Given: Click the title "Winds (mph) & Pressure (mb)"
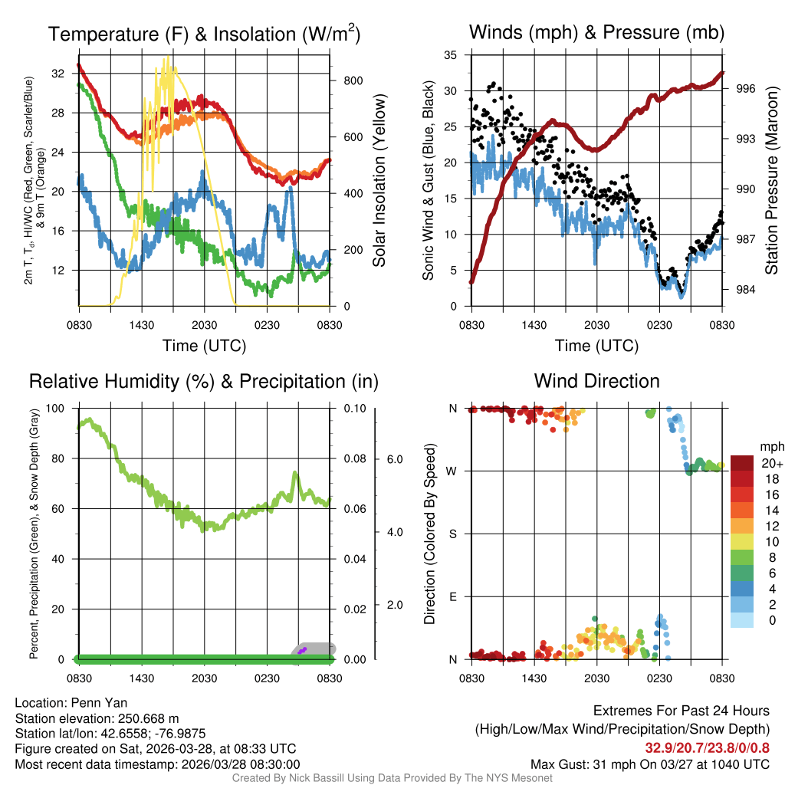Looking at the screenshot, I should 596,33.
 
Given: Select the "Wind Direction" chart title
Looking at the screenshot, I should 596,381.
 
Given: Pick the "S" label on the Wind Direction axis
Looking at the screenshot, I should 452,534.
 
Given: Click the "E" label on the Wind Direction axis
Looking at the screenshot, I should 452,596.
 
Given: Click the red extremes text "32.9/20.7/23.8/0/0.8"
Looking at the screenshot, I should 708,747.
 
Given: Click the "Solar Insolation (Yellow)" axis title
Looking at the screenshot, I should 379,181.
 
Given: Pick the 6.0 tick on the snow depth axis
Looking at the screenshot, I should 394,459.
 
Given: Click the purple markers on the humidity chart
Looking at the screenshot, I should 303,650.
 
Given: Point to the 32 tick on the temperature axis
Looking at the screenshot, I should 64,74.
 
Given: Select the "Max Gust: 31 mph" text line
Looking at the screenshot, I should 650,764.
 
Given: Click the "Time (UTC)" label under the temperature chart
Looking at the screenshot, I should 204,346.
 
